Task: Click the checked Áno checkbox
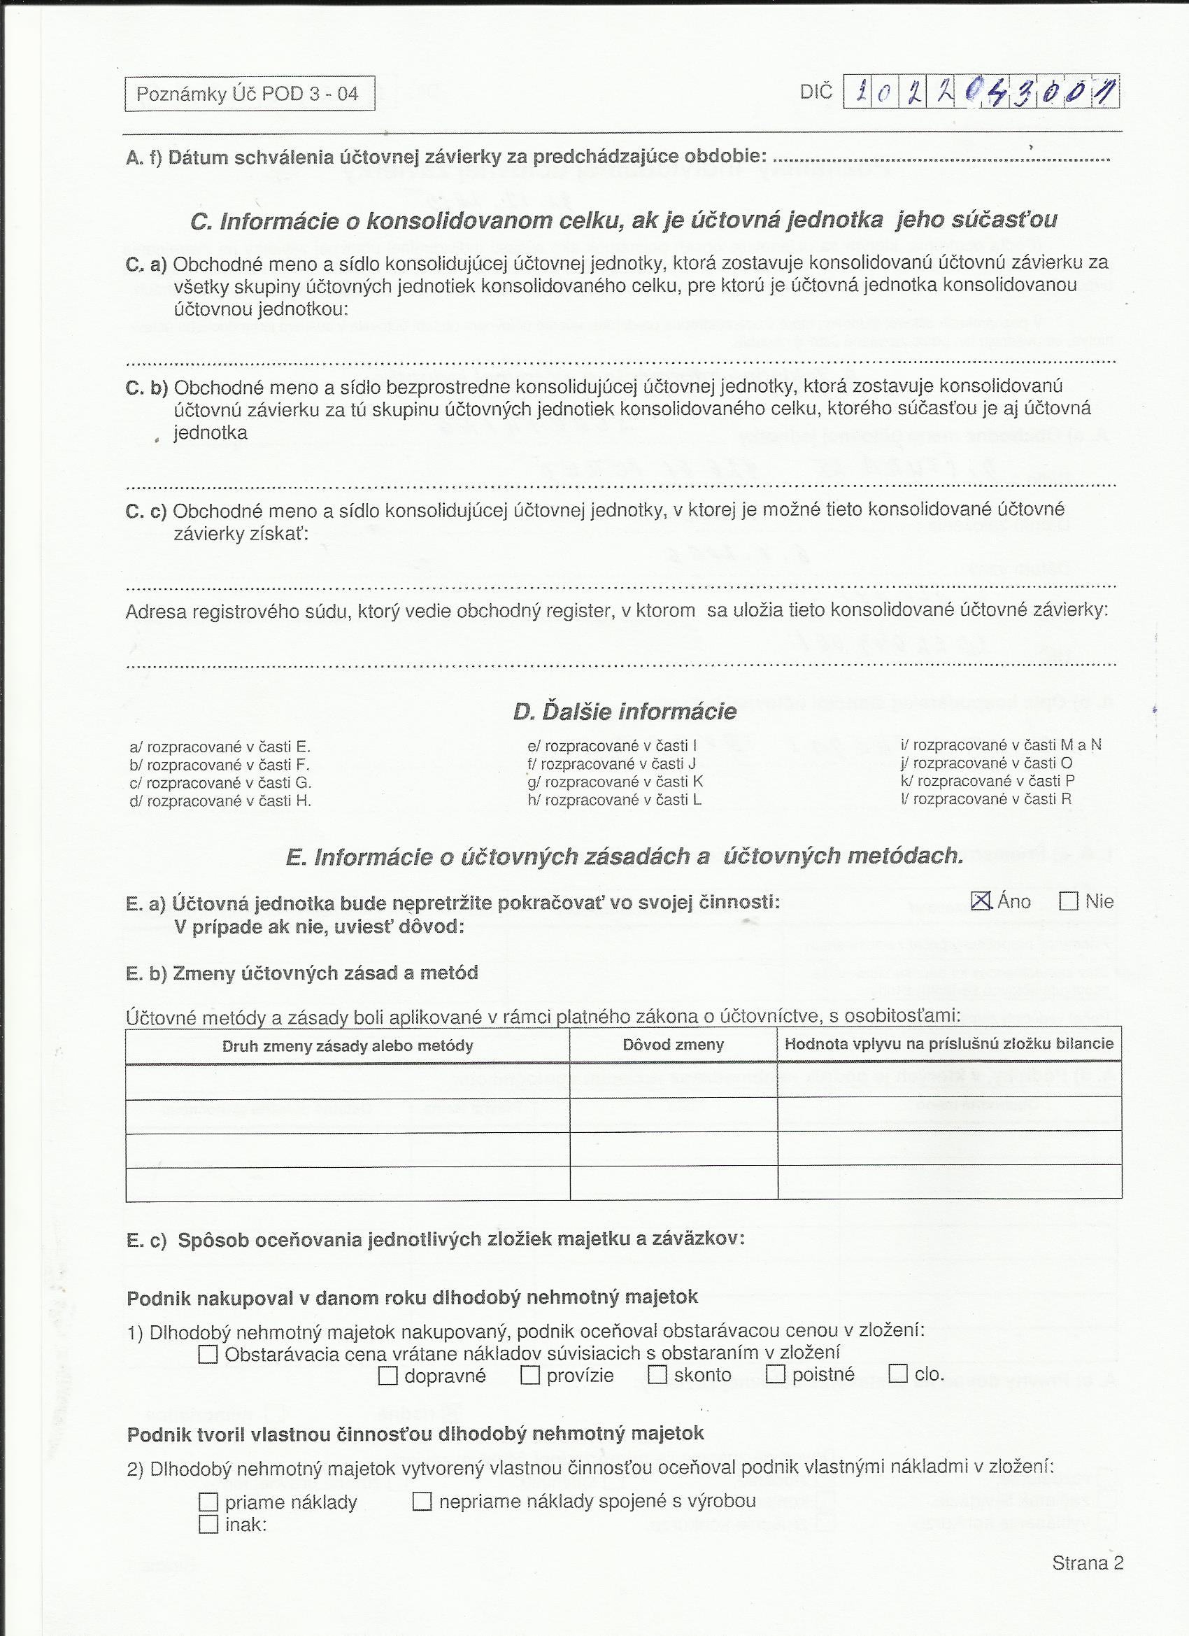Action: (x=981, y=901)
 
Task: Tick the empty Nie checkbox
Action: (x=1069, y=902)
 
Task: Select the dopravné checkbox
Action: (x=388, y=1376)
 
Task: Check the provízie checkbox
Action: (x=530, y=1376)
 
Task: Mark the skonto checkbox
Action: (x=657, y=1375)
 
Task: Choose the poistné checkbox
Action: (x=775, y=1374)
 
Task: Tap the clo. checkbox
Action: (x=898, y=1374)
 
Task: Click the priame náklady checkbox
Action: (x=208, y=1502)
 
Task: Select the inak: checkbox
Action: (x=208, y=1524)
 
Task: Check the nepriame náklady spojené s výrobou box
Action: (x=422, y=1502)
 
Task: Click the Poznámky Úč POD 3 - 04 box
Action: (x=250, y=94)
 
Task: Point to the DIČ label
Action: (x=816, y=92)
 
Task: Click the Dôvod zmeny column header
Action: (x=673, y=1045)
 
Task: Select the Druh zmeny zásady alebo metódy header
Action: (x=348, y=1046)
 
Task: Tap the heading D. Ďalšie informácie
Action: (x=625, y=712)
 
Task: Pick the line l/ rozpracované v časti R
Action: (x=985, y=798)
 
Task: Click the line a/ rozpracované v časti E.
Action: (x=220, y=747)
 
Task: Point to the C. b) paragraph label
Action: (x=146, y=388)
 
